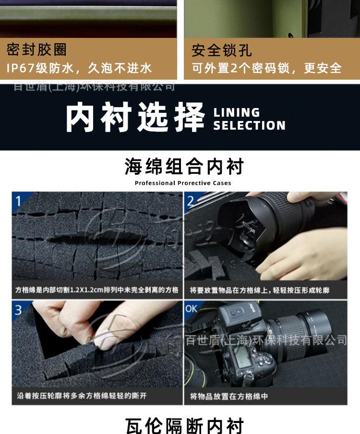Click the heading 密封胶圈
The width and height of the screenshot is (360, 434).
(36, 49)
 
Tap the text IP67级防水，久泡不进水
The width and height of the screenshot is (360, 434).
(79, 68)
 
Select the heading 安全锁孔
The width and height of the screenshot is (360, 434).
(221, 50)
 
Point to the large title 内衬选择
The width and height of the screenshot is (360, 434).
(135, 117)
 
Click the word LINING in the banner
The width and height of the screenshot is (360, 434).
(237, 113)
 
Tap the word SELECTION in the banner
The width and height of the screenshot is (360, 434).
(249, 126)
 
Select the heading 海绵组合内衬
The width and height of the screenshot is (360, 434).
(184, 167)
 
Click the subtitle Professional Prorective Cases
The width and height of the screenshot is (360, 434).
(183, 183)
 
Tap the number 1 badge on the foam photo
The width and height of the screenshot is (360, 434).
(19, 201)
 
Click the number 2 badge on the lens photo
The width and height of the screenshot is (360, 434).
(191, 201)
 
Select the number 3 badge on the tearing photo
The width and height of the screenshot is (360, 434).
(18, 310)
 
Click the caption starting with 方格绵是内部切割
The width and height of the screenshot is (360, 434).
(96, 290)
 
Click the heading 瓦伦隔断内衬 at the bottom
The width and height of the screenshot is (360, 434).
(184, 425)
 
